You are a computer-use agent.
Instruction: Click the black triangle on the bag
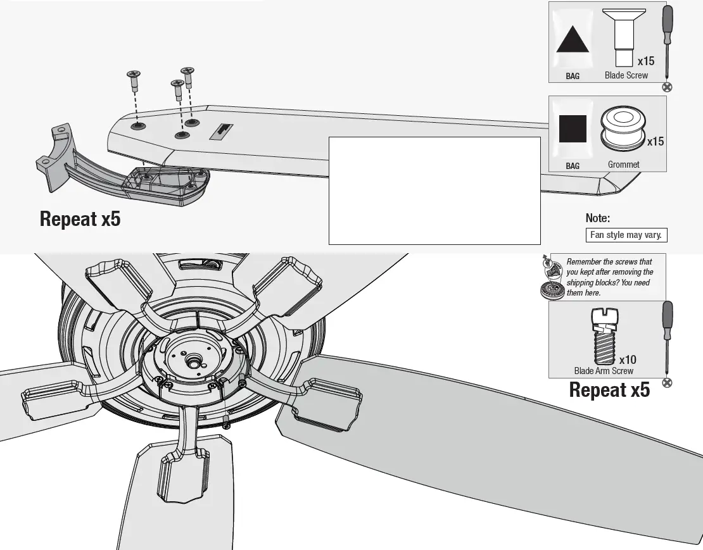[x=573, y=42]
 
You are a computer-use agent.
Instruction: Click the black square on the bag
[x=573, y=129]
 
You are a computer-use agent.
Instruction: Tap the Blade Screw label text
[x=626, y=75]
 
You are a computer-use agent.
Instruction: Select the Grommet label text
[x=623, y=165]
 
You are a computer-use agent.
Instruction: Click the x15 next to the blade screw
[x=646, y=61]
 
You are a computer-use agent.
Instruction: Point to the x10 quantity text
[x=628, y=359]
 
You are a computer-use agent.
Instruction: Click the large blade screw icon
[x=623, y=35]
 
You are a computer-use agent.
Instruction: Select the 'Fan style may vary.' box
[x=626, y=235]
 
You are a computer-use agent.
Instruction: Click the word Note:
[x=597, y=218]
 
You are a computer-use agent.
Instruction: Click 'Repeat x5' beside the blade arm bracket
[x=80, y=219]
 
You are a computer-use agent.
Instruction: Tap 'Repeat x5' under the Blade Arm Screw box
[x=609, y=390]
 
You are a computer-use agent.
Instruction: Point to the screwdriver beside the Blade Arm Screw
[x=666, y=342]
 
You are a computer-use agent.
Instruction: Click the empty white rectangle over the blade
[x=434, y=190]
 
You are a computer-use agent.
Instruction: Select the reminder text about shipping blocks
[x=608, y=277]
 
